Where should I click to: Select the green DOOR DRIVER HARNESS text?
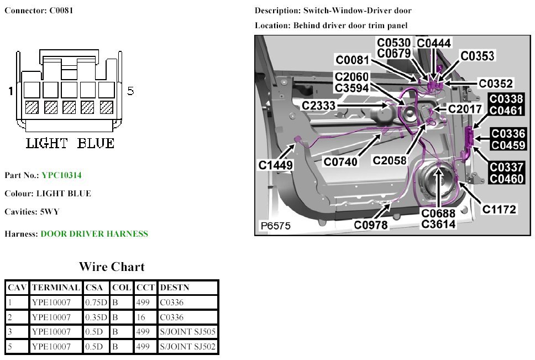(95, 234)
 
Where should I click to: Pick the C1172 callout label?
(499, 210)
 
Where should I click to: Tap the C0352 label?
(496, 84)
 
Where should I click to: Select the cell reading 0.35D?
(97, 317)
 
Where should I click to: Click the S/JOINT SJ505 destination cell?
(188, 332)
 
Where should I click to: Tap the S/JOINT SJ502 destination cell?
(188, 347)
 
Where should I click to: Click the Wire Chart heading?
(112, 267)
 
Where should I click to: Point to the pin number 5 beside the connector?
(130, 91)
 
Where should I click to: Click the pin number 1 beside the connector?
(11, 91)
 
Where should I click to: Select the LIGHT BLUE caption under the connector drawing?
(70, 143)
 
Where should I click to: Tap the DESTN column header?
(173, 288)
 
